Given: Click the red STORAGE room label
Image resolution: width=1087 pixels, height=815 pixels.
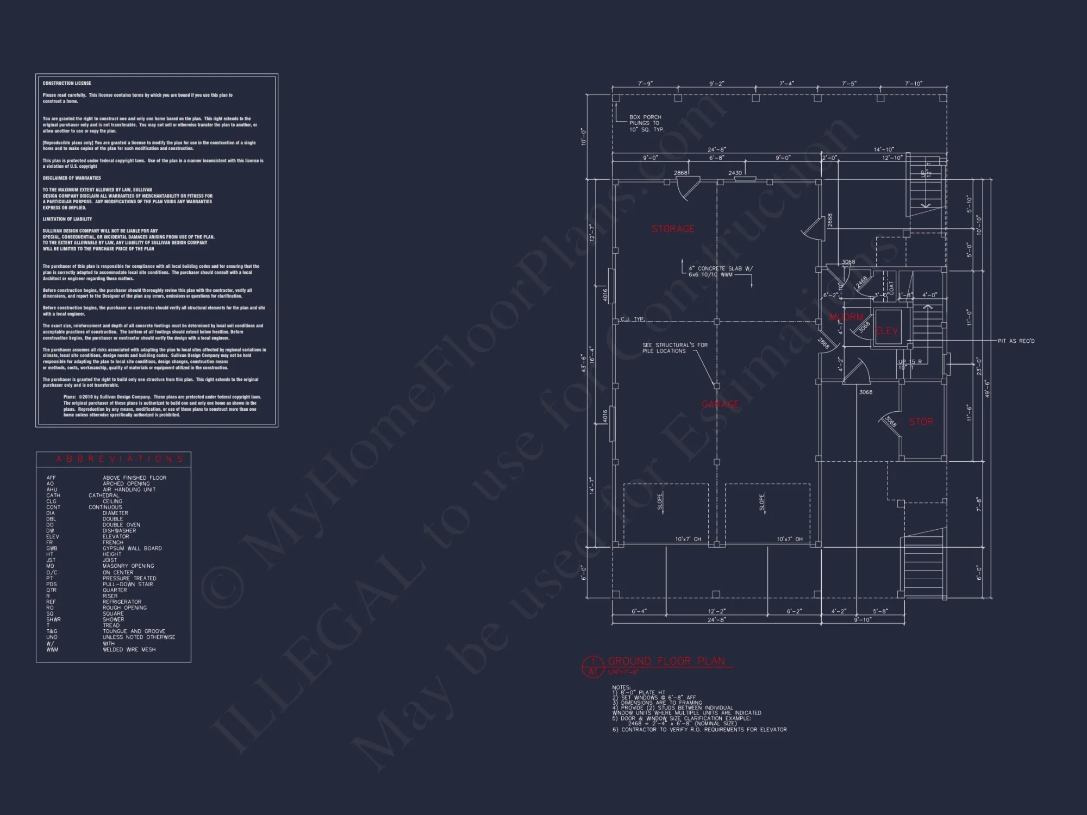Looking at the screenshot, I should coord(673,229).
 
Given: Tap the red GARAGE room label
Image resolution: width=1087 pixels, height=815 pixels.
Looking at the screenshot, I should coord(720,404).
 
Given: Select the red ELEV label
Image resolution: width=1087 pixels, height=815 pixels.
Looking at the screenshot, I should coord(887,331).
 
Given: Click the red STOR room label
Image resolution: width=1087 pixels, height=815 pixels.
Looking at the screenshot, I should coord(921,422).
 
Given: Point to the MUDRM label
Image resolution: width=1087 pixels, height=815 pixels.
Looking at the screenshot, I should coord(846,317).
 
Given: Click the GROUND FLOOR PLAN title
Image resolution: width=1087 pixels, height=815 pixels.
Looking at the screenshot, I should coord(666,661).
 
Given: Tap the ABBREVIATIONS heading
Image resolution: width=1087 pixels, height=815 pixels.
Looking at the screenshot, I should coord(120,459).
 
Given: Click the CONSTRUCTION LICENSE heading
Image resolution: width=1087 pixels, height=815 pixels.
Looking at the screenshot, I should coord(67,83).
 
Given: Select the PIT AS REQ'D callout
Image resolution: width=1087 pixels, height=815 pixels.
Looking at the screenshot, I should coord(1016,341).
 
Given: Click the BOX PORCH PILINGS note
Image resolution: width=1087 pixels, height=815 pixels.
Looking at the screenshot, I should coord(646,123).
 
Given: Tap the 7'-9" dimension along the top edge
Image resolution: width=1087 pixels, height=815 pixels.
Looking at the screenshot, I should coord(645,84).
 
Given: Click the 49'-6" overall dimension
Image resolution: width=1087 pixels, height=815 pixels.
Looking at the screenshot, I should coord(987,388).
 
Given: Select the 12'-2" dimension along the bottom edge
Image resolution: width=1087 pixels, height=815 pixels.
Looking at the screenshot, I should coord(716,611).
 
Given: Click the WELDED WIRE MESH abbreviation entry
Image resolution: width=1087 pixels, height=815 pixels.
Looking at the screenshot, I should coord(129,649).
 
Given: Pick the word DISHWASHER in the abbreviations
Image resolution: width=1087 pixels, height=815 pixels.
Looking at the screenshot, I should coord(119,531).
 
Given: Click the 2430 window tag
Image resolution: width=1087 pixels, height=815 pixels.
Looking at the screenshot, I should coord(735,173).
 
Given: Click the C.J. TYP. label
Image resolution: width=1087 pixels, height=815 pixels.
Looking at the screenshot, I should coord(632,319).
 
